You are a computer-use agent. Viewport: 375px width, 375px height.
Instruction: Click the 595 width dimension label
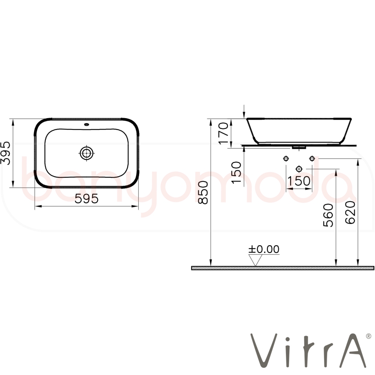tap(86, 198)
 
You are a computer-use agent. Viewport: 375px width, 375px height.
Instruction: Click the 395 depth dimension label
tap(6, 153)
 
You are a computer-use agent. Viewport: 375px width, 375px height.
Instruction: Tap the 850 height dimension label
tap(204, 192)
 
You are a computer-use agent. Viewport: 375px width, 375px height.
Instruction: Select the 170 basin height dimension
tap(223, 133)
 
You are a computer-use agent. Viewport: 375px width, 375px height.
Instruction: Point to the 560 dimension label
tap(328, 215)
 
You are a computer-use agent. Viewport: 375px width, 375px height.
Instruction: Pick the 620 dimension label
tap(350, 212)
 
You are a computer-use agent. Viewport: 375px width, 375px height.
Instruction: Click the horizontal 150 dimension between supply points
tap(299, 181)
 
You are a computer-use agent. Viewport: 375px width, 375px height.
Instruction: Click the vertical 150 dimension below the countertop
tap(237, 172)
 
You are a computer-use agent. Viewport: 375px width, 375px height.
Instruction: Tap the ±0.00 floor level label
tap(264, 249)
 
